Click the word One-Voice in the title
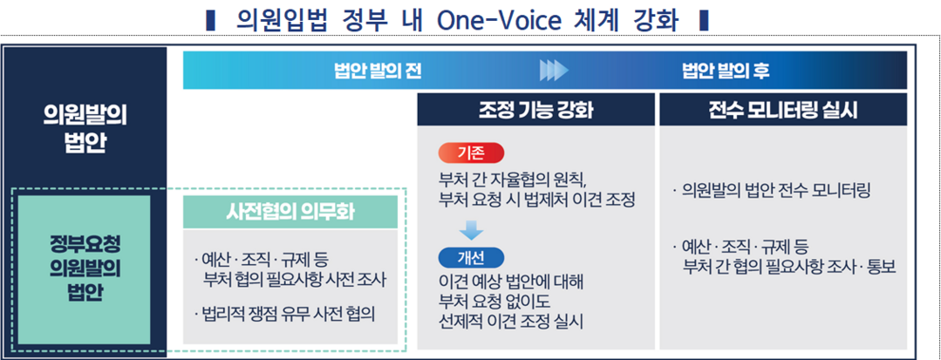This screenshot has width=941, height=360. pos(500,21)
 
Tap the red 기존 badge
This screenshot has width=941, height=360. pos(472,153)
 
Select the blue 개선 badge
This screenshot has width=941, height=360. pos(472,257)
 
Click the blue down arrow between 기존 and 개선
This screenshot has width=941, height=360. pos(472,230)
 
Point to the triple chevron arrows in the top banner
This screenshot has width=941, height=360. pos(553,71)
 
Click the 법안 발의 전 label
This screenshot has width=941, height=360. pos(378,71)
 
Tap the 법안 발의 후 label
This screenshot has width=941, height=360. pos(726,71)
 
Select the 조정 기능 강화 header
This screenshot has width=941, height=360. pos(535,110)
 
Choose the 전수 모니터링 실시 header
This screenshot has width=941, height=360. pos(783,110)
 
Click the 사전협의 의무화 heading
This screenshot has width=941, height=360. pos(290,212)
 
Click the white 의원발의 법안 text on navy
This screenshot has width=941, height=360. pos(85,131)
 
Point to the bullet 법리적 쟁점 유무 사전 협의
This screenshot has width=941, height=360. pos(284,315)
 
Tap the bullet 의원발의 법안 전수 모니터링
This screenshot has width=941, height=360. pos(772,192)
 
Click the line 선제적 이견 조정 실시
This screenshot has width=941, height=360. pos(511,323)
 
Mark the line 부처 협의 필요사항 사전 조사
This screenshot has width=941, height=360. pos(295,279)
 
